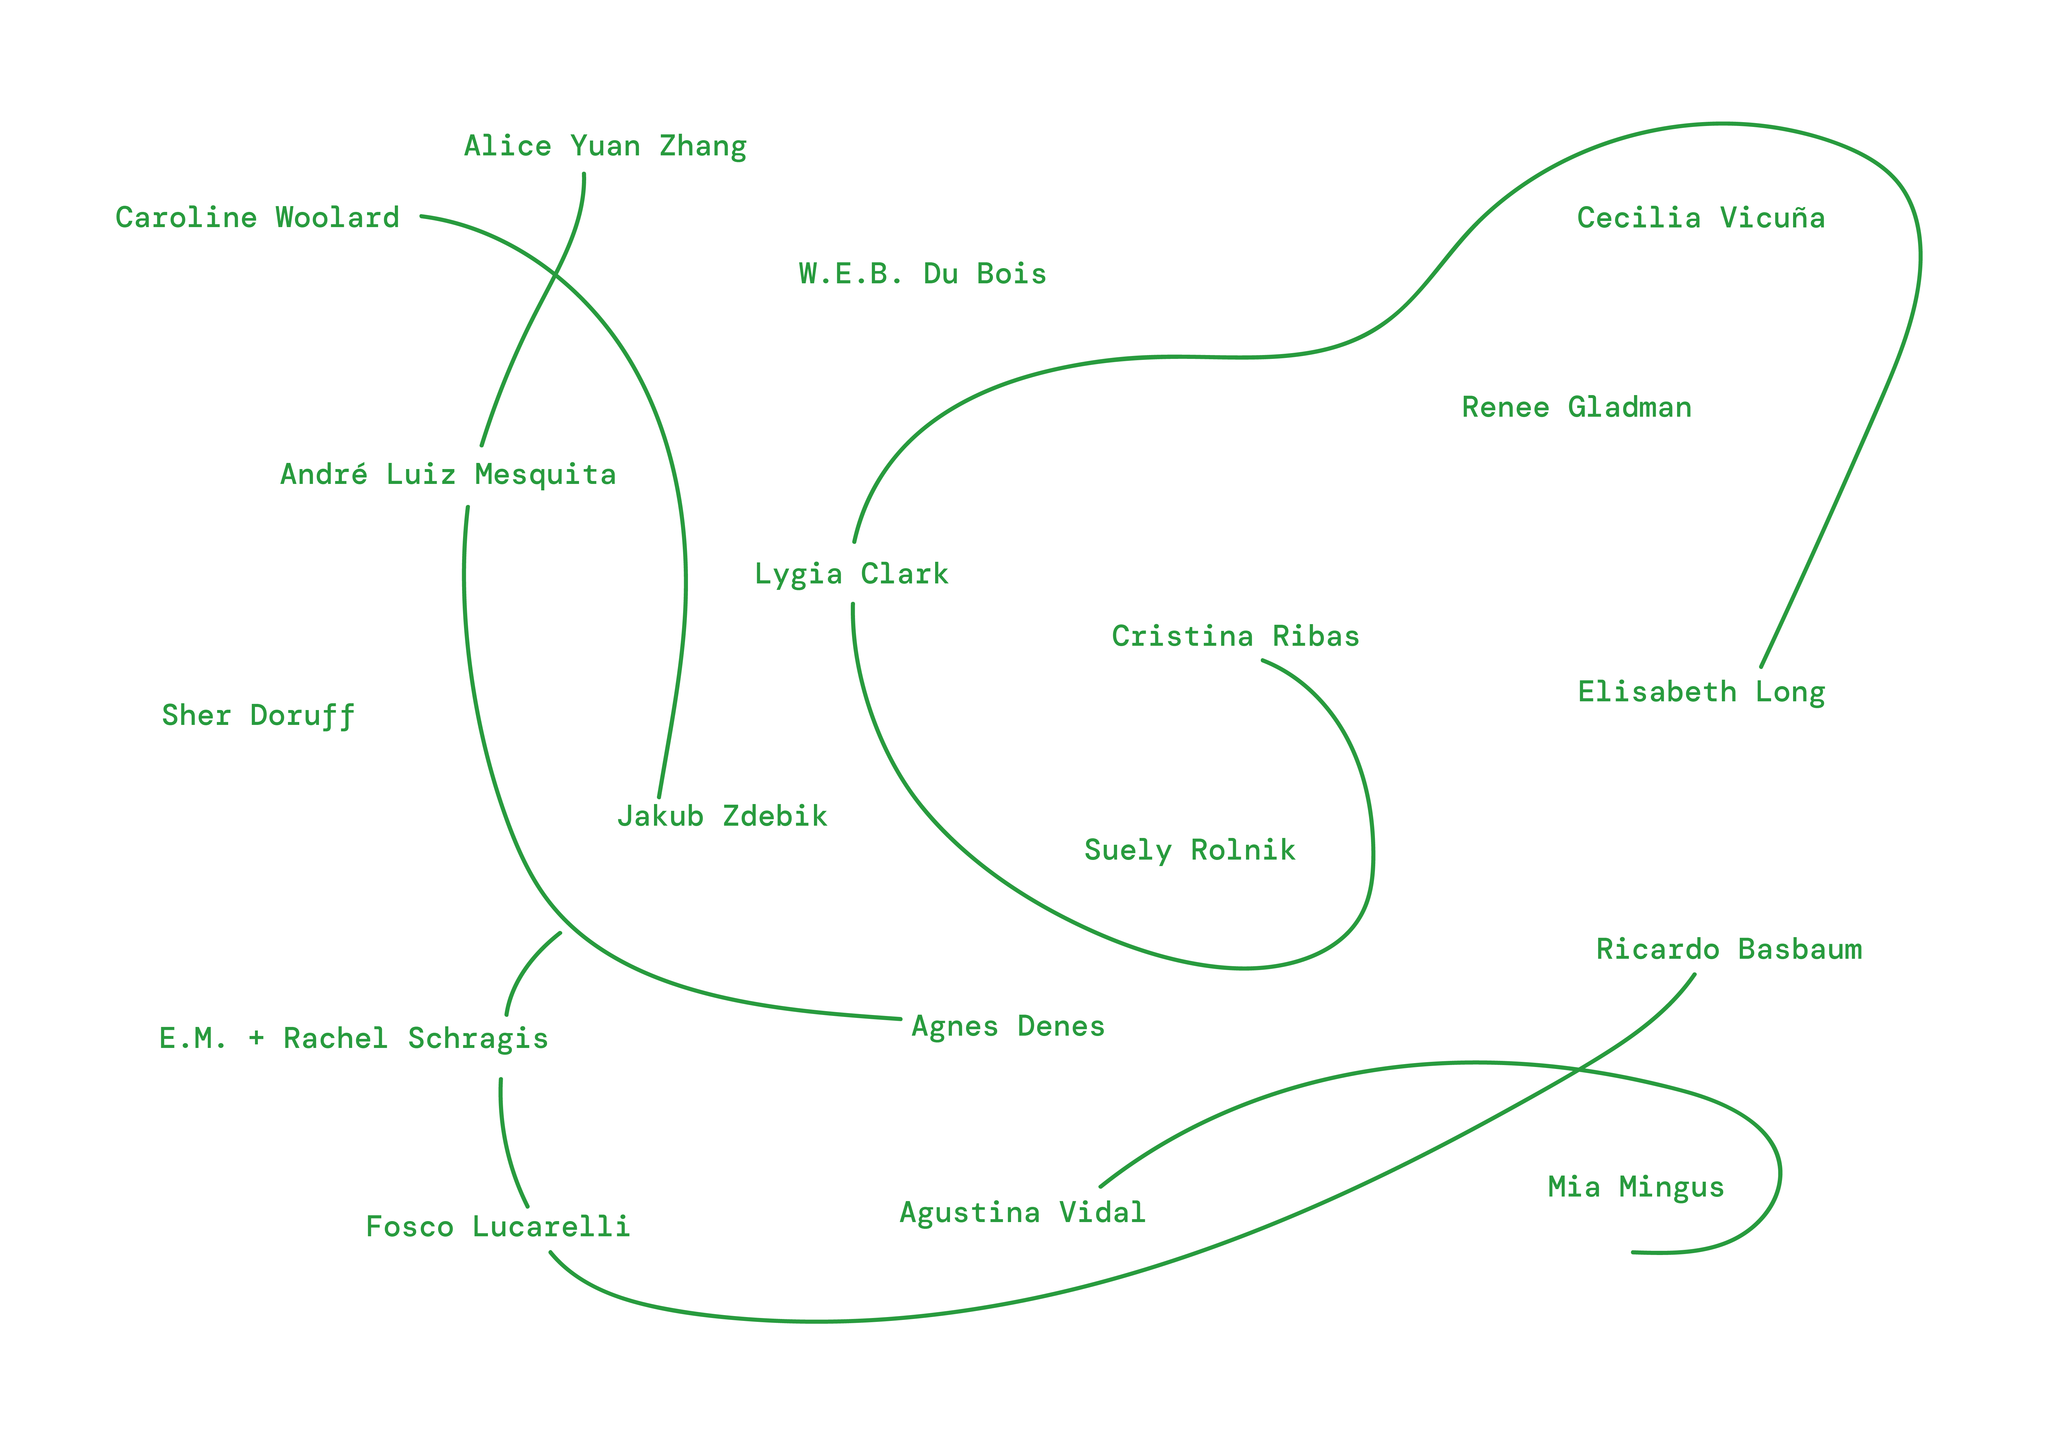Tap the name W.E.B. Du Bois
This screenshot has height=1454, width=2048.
coord(922,274)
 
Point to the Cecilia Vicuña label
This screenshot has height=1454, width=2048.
coord(1701,217)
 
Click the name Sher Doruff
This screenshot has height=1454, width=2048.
coord(258,715)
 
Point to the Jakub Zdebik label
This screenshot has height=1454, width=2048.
coord(722,817)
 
